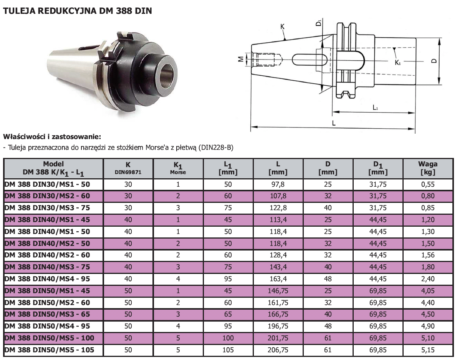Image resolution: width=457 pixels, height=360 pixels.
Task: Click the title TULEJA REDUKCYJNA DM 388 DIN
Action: click(x=77, y=11)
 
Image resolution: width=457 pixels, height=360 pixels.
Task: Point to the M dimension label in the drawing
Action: click(x=241, y=60)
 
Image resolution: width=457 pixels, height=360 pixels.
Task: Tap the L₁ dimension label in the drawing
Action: click(x=376, y=108)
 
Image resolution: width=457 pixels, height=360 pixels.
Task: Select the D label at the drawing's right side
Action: click(x=434, y=61)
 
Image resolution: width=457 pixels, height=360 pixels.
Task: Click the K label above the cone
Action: click(x=282, y=27)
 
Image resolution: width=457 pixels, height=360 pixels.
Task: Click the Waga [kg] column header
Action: click(x=427, y=168)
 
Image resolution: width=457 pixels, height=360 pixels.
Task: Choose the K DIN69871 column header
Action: click(x=128, y=168)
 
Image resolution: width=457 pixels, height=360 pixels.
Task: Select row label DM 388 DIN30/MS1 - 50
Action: click(x=47, y=184)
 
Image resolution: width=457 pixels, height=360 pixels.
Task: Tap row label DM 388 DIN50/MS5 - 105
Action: click(x=49, y=350)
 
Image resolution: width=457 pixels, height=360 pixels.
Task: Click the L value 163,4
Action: click(x=278, y=279)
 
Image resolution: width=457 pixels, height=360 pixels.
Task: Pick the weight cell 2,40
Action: click(x=428, y=279)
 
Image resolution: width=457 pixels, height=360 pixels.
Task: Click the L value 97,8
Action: click(x=278, y=184)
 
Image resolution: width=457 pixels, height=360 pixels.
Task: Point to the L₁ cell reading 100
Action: click(x=228, y=338)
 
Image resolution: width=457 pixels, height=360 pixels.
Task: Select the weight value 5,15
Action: click(x=428, y=350)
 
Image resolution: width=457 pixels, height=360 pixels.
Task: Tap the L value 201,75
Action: click(x=278, y=338)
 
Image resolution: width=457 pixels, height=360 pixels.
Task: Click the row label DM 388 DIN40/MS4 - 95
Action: click(x=47, y=279)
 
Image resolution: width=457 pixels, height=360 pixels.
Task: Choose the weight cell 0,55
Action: click(x=428, y=184)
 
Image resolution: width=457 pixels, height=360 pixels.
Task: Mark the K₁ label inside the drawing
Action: click(x=397, y=62)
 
